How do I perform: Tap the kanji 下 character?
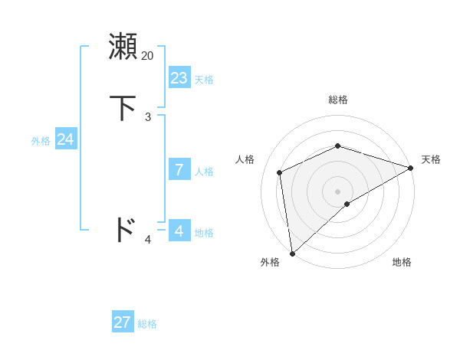123,108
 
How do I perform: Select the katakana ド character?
123,229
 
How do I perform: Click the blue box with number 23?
179,77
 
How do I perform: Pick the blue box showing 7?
179,169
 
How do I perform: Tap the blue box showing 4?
179,231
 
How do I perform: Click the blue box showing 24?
66,139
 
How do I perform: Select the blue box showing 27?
123,322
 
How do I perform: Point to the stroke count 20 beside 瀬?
148,56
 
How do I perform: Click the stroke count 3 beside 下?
148,117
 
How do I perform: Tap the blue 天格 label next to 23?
204,80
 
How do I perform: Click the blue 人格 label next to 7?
204,172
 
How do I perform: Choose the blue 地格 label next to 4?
204,233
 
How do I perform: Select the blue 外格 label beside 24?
41,141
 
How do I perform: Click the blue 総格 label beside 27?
147,325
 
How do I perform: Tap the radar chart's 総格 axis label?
338,100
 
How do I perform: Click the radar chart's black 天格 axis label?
431,159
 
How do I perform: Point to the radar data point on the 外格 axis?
291,254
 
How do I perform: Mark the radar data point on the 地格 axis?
347,204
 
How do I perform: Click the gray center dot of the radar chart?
338,191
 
